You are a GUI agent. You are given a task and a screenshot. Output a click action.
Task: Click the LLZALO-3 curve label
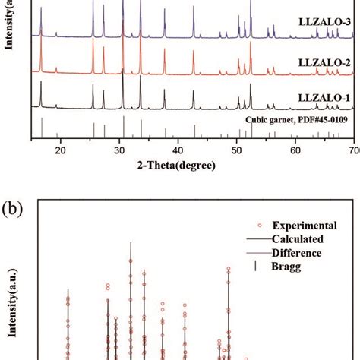[324, 22]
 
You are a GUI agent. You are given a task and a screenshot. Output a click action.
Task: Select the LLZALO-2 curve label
[324, 62]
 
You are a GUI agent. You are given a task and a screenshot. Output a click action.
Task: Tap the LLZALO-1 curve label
[324, 98]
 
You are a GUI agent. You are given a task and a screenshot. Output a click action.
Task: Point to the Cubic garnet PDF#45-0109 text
[296, 119]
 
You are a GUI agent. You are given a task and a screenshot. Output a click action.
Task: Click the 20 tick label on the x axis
[60, 150]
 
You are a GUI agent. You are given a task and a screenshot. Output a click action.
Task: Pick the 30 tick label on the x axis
[119, 150]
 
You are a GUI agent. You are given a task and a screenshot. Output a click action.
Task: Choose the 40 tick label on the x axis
[178, 150]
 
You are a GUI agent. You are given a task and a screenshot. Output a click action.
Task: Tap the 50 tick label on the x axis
[236, 150]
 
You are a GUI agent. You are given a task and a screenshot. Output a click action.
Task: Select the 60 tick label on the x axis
[295, 150]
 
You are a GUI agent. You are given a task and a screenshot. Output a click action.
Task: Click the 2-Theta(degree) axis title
[176, 166]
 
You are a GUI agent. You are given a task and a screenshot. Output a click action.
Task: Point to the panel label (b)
[12, 209]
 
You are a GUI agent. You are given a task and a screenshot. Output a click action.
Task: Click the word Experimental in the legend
[305, 226]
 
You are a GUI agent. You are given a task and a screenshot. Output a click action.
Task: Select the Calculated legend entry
[285, 239]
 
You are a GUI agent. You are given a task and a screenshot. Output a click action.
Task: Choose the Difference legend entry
[284, 253]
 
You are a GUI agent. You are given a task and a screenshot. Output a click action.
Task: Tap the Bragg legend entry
[278, 267]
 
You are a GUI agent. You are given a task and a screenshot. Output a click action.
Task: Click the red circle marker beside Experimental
[260, 226]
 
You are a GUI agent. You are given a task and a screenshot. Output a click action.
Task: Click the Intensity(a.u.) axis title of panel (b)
[12, 303]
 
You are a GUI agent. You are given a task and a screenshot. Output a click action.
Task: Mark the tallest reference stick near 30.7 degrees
[124, 127]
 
